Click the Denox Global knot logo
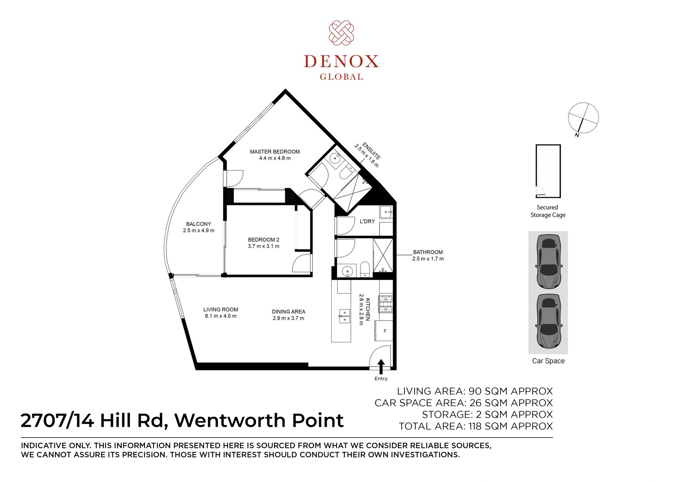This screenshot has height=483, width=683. point(341,33)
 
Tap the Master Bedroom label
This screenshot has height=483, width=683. point(275,155)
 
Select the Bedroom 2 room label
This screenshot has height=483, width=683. point(264,243)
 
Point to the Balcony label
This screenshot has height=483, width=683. point(198,227)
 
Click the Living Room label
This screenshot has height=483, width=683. point(221,313)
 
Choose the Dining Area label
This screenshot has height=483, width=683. point(288,315)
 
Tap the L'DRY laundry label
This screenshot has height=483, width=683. point(367,221)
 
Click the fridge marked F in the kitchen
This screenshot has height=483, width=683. point(384,331)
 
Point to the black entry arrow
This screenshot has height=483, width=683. point(381,367)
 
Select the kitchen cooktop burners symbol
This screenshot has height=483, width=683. point(386,304)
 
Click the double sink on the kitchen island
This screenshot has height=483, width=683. point(344,316)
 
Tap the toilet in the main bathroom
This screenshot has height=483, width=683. point(365,269)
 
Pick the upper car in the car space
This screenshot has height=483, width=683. point(548,261)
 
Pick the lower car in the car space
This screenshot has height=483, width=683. point(548,321)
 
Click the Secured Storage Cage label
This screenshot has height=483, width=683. point(548,211)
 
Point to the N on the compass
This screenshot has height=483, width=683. point(577,135)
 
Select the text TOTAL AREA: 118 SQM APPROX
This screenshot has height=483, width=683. point(476,426)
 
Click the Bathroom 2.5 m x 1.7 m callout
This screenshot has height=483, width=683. point(428,255)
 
